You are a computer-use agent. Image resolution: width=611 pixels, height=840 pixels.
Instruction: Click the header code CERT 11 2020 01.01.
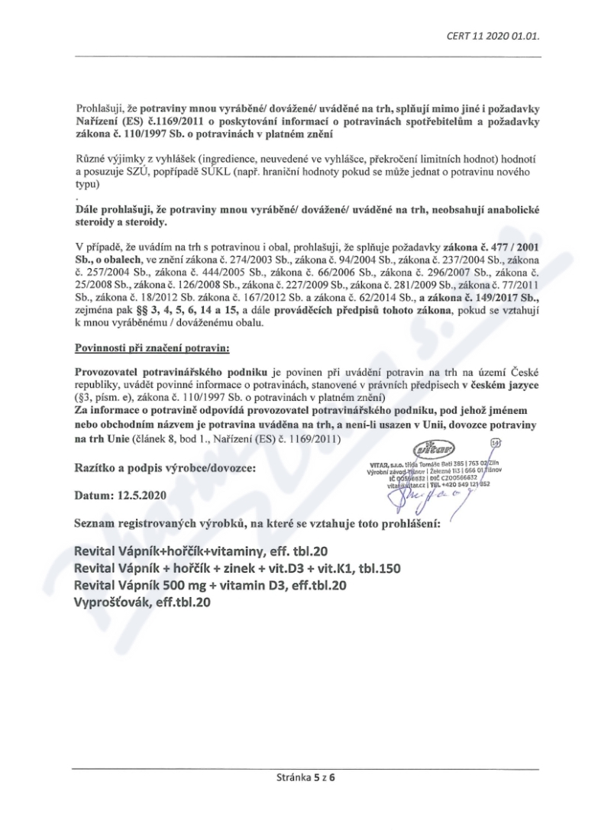pyautogui.click(x=497, y=34)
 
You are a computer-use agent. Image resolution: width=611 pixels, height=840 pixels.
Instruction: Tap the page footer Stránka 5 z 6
pyautogui.click(x=305, y=780)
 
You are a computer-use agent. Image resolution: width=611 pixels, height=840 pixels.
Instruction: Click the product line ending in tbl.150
pyautogui.click(x=236, y=568)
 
